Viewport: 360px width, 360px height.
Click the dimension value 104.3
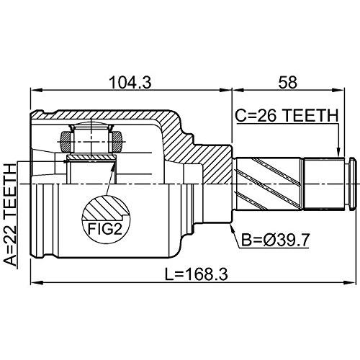tap(130, 82)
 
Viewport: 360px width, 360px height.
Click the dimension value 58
tap(287, 82)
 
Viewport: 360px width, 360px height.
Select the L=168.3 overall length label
tap(197, 274)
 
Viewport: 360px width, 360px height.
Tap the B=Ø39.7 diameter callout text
tap(275, 240)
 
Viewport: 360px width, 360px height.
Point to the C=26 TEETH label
tap(287, 116)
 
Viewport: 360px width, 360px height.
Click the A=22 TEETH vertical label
tap(11, 215)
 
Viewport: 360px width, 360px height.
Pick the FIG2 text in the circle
tap(105, 229)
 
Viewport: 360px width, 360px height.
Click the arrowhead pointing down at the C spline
tap(338, 152)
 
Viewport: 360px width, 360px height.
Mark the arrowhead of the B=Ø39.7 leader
tap(232, 227)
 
